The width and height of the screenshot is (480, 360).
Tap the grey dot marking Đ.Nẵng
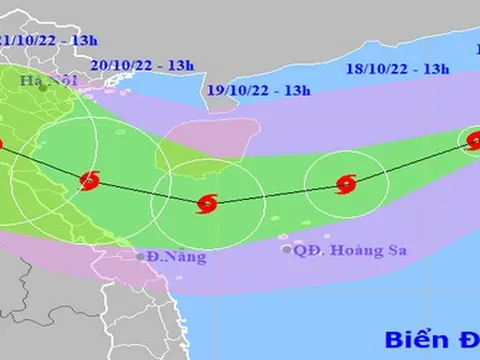click(x=141, y=257)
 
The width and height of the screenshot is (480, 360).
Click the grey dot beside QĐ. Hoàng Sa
click(x=287, y=249)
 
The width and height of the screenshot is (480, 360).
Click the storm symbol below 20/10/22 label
click(x=90, y=181)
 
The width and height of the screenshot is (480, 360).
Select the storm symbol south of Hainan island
click(x=207, y=203)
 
